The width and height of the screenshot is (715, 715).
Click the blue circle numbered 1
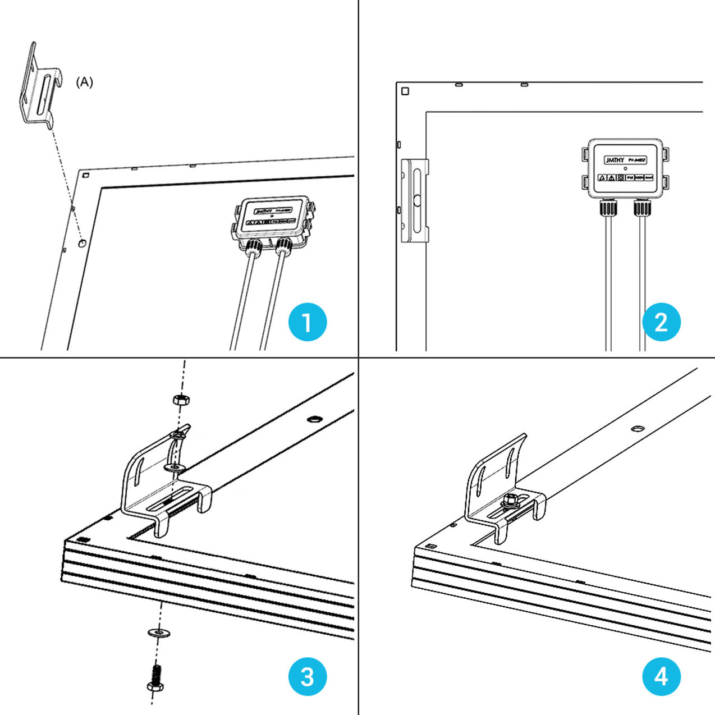[x=307, y=323]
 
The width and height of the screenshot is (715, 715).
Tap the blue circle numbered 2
[x=661, y=323]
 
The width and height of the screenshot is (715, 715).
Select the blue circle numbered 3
[x=307, y=677]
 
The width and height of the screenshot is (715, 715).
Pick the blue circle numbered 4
[x=661, y=677]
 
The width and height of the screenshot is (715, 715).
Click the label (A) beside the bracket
[x=84, y=82]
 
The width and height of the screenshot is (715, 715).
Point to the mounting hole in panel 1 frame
[x=82, y=243]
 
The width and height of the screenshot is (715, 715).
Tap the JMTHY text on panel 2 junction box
[x=615, y=160]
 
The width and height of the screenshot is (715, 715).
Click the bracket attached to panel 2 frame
[x=415, y=200]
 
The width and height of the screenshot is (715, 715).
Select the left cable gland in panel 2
[x=608, y=208]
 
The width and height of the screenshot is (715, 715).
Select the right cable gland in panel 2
[x=641, y=208]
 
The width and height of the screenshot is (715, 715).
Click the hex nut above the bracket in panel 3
[x=180, y=400]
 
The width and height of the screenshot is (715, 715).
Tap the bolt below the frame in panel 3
[x=155, y=679]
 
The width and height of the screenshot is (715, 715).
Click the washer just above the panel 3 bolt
[x=159, y=633]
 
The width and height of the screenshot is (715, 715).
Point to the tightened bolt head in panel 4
[x=510, y=499]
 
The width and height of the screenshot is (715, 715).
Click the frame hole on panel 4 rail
[x=638, y=428]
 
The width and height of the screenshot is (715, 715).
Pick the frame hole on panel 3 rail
[x=314, y=419]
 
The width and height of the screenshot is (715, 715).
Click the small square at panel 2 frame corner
[x=405, y=91]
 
